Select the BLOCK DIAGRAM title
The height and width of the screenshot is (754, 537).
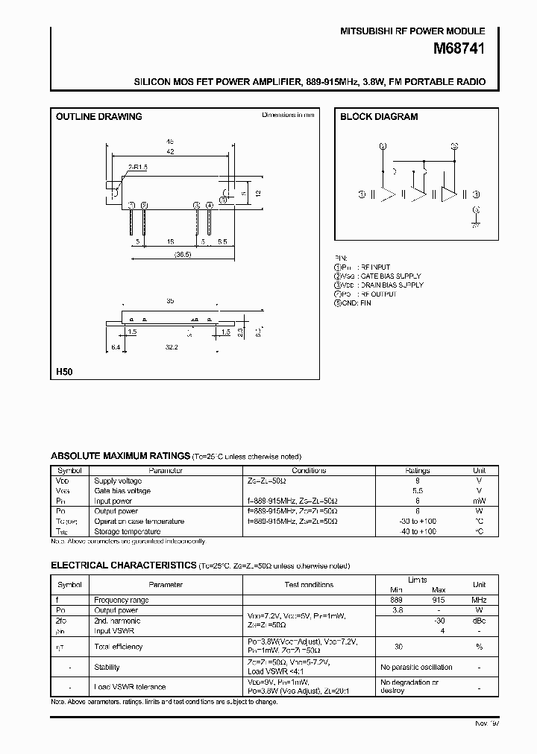[x=378, y=116]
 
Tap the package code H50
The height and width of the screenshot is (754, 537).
[x=64, y=370]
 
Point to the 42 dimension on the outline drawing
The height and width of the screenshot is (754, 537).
[x=170, y=152]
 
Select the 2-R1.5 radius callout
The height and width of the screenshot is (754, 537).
[x=137, y=169]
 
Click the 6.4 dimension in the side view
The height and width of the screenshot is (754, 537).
[x=115, y=346]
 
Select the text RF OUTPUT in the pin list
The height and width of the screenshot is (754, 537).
[x=378, y=294]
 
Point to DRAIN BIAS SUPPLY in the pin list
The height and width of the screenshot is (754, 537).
[x=391, y=285]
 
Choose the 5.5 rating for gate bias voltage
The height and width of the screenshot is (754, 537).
[x=417, y=491]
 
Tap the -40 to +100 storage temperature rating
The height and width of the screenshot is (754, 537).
[x=417, y=531]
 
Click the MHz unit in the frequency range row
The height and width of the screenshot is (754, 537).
[x=479, y=600]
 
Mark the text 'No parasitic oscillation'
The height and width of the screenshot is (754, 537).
[x=416, y=667]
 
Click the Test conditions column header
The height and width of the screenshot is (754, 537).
[x=309, y=585]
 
